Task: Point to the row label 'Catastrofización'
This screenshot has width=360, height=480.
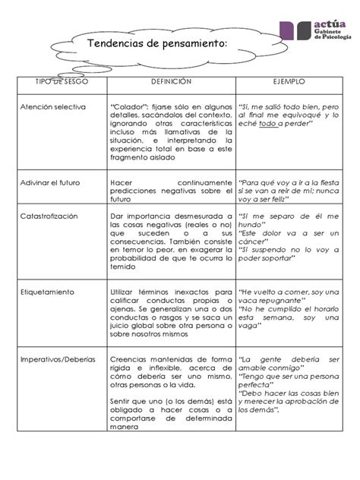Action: click(50, 216)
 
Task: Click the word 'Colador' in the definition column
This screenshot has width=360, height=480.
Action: click(131, 106)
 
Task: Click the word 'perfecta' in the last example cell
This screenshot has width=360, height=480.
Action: click(260, 384)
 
